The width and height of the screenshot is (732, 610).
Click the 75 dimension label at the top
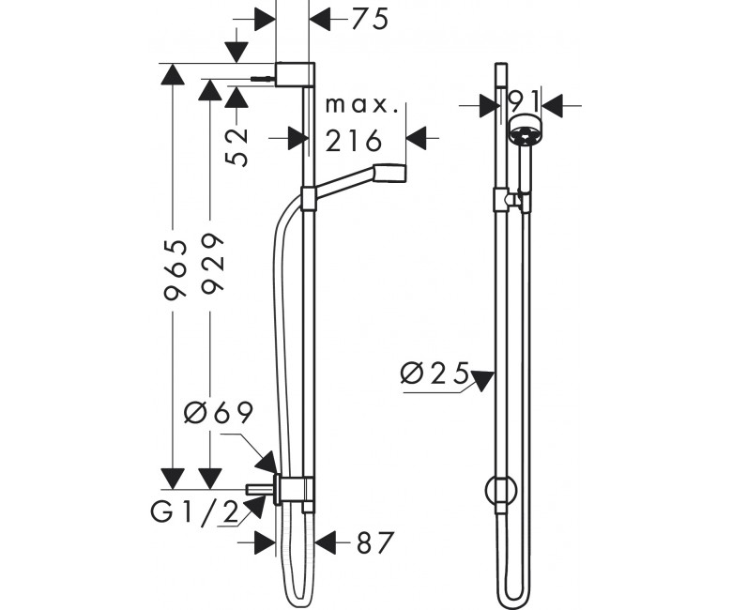coord(370,20)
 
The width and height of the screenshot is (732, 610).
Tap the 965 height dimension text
coord(175,269)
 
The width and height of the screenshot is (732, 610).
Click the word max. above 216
coord(362,105)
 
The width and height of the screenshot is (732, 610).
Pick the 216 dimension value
coord(354,141)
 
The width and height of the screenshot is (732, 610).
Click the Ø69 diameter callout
coord(219,412)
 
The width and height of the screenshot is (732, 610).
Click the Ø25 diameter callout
coord(435,373)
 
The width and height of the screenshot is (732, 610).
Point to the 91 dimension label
coord(523,99)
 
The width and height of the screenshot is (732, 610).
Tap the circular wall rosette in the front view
coord(501,491)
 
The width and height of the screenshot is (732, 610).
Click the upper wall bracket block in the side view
coord(295,74)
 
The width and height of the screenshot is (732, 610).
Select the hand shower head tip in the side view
coord(389,173)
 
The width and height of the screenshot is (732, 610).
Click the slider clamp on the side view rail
coord(308,198)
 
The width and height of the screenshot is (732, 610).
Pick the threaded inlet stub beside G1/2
coord(260,490)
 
